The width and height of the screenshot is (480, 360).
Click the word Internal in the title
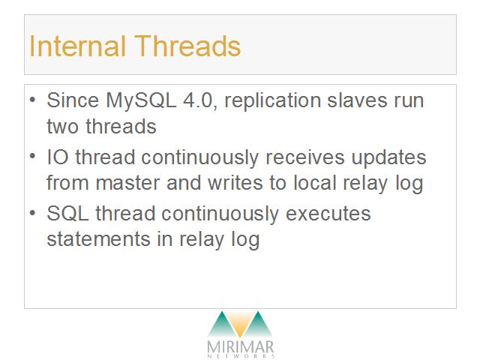click(77, 46)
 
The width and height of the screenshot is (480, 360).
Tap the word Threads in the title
click(187, 46)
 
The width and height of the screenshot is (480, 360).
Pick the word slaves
click(357, 100)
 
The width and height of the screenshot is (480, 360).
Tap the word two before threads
click(62, 127)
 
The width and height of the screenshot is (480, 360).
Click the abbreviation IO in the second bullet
click(58, 157)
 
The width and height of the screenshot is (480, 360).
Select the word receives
click(305, 157)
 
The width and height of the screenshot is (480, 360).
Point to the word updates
click(388, 158)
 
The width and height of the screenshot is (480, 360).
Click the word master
click(127, 183)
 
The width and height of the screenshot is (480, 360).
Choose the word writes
click(235, 183)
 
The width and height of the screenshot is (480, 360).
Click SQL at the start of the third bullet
click(68, 213)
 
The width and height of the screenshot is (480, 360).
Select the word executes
click(328, 214)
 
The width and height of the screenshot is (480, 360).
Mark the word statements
click(98, 239)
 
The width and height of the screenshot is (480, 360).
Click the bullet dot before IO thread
click(33, 156)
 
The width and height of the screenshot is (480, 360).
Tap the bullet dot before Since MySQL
click(33, 99)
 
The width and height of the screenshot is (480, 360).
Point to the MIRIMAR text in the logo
click(241, 347)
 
